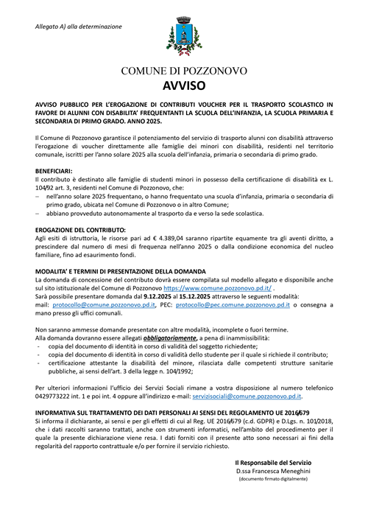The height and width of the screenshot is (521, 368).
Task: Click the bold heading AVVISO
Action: [183, 85]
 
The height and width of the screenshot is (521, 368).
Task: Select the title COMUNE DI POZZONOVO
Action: [183, 70]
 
